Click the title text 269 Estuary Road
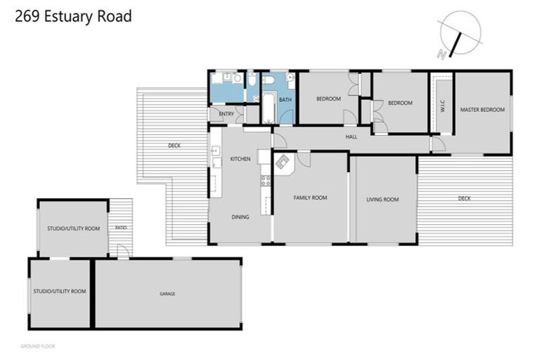73,16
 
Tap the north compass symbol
458,33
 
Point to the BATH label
285,100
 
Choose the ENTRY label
226,114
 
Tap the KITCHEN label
240,159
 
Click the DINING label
240,217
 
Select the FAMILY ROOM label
310,198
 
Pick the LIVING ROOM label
382,200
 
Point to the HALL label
352,137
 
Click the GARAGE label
167,293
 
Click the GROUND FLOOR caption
38,346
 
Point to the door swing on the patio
122,250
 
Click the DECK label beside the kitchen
174,146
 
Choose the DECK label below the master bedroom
464,198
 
